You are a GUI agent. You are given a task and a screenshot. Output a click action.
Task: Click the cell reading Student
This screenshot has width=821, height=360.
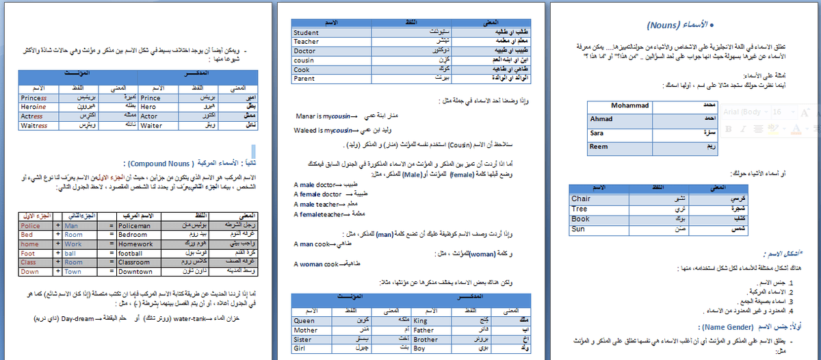306,32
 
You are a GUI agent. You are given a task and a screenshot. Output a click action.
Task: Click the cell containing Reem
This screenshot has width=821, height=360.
599,146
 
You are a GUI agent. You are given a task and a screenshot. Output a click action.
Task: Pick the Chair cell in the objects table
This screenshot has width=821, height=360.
581,199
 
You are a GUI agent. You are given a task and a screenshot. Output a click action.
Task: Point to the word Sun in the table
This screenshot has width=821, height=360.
578,229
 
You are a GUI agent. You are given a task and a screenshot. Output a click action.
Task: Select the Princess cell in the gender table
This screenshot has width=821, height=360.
34,98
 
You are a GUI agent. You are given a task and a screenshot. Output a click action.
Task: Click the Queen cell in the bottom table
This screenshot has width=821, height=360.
304,320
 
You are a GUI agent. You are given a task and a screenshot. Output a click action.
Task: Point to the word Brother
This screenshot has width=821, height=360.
426,339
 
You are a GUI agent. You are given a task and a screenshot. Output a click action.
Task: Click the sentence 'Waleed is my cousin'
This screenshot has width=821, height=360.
323,130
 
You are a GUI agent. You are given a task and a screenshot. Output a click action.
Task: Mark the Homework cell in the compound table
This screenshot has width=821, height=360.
137,244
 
